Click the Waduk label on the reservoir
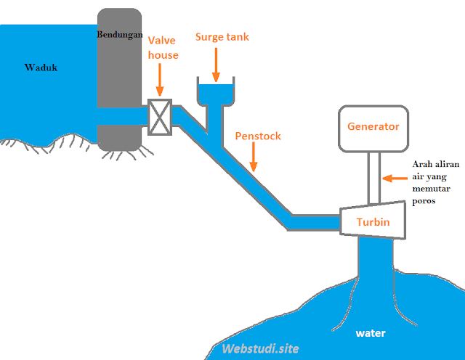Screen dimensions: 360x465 [x=41, y=68]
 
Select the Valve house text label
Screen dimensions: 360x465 [x=163, y=47]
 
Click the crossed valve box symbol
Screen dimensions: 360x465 [x=159, y=117]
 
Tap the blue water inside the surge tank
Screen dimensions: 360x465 [x=216, y=94]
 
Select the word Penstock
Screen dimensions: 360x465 [x=258, y=136]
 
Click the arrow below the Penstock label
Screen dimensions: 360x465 [x=252, y=157]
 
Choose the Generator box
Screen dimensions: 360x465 [x=373, y=128]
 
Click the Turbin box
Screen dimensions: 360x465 [x=373, y=221]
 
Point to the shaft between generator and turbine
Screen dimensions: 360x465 [x=373, y=178]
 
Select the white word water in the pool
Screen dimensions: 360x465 [x=371, y=334]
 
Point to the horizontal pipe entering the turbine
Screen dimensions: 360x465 [x=316, y=221]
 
